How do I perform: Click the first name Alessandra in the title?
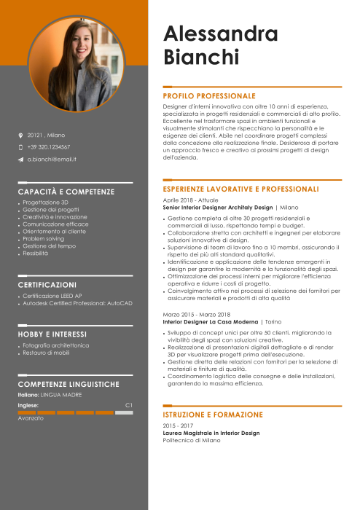coord(220,34)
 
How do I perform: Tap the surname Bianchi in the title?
coord(200,57)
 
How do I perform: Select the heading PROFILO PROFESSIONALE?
coord(209,95)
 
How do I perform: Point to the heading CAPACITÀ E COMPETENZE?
coord(66,192)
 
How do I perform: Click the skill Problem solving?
coord(43,238)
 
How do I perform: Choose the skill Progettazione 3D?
coord(45,202)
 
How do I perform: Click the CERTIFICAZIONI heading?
coord(47,284)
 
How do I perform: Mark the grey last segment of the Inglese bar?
coord(124,412)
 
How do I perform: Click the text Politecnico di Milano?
coord(191,440)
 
